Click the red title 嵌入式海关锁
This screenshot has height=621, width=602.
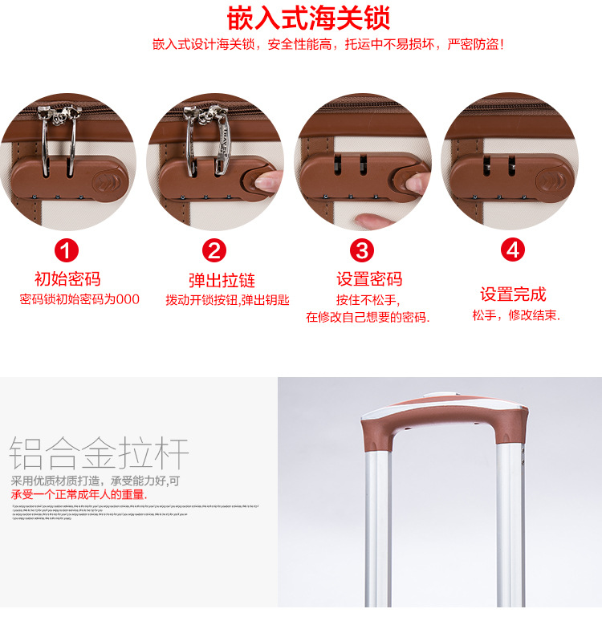pyautogui.click(x=308, y=17)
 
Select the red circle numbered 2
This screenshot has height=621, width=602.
pyautogui.click(x=214, y=250)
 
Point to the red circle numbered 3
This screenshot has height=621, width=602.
pyautogui.click(x=363, y=250)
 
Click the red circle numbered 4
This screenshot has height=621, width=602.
pyautogui.click(x=512, y=250)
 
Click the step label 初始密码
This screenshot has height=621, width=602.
pyautogui.click(x=67, y=279)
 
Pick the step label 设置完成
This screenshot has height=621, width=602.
pyautogui.click(x=513, y=294)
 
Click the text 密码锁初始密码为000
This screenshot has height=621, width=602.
pyautogui.click(x=79, y=299)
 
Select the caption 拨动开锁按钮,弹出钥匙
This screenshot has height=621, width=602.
pyautogui.click(x=227, y=300)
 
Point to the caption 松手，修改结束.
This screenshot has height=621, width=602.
pyautogui.click(x=516, y=315)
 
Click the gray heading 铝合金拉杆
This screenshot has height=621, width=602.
pyautogui.click(x=100, y=454)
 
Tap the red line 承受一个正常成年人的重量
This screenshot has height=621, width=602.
pyautogui.click(x=79, y=494)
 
